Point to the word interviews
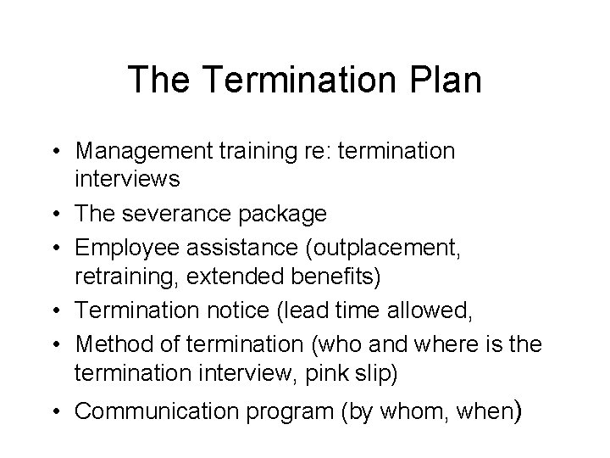pos(127,178)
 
